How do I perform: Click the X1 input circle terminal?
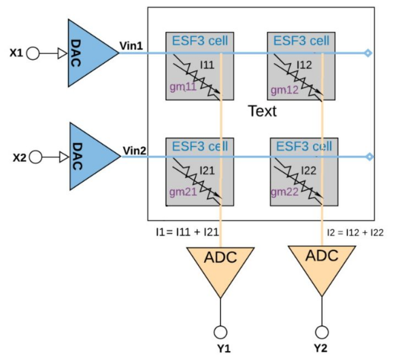pyautogui.click(x=33, y=54)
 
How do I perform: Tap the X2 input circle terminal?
pyautogui.click(x=35, y=157)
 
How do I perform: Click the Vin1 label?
pyautogui.click(x=131, y=46)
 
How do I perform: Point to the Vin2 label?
pyautogui.click(x=134, y=150)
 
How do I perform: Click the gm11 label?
pyautogui.click(x=183, y=87)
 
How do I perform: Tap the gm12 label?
pyautogui.click(x=284, y=91)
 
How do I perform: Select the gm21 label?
pyautogui.click(x=183, y=192)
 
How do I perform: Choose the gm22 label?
pyautogui.click(x=284, y=192)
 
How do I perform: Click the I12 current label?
pyautogui.click(x=304, y=65)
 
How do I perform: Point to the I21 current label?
pyautogui.click(x=207, y=171)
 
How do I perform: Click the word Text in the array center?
pyautogui.click(x=262, y=111)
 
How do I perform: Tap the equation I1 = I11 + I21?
pyautogui.click(x=187, y=232)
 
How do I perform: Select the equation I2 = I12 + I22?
pyautogui.click(x=355, y=233)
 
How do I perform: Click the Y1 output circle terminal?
pyautogui.click(x=220, y=332)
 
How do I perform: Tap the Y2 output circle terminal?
pyautogui.click(x=322, y=332)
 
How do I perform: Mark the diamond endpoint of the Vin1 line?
pyautogui.click(x=368, y=53)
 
